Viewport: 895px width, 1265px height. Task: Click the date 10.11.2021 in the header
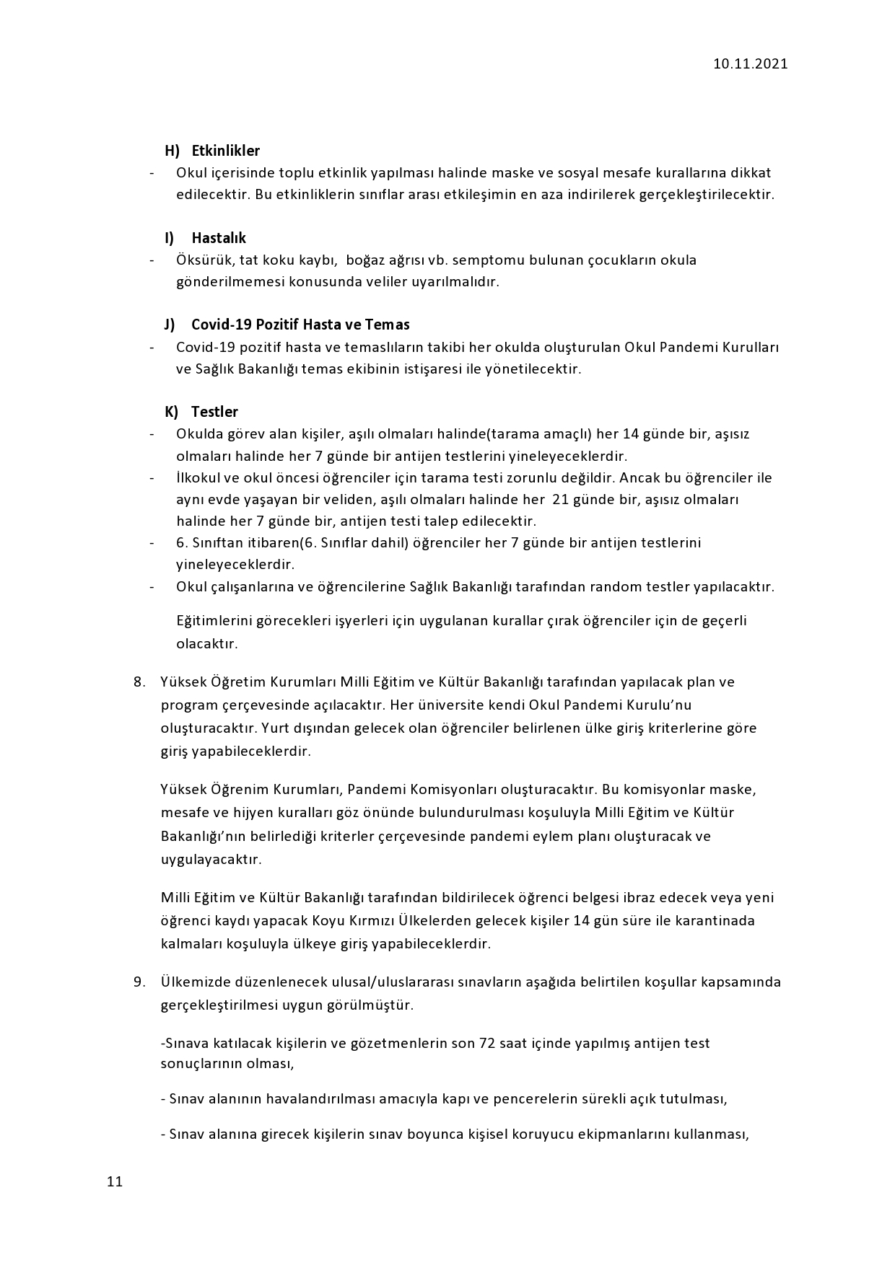click(751, 63)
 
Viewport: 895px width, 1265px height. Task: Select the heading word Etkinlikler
click(225, 151)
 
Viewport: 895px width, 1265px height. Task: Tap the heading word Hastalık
click(219, 238)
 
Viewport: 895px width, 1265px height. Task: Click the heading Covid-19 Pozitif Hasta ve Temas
click(300, 325)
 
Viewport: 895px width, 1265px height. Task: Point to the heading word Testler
click(214, 412)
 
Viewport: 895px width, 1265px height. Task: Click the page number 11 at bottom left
click(115, 1181)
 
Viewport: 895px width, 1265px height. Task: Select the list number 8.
click(139, 682)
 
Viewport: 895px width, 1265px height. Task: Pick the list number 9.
click(139, 982)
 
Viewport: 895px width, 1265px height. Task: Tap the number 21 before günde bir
click(560, 499)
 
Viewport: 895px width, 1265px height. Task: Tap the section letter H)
click(172, 151)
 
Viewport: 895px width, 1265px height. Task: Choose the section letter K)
click(171, 412)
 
